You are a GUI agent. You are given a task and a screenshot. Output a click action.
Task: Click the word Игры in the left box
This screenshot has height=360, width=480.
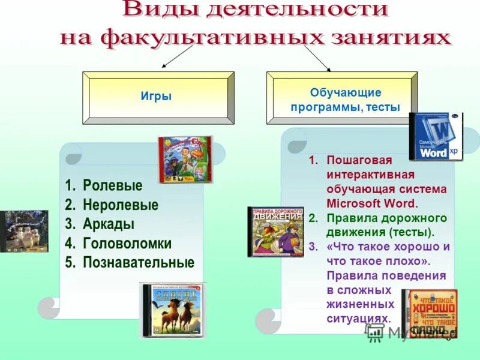[156, 96]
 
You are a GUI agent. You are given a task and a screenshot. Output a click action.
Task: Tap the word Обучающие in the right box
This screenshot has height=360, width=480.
[345, 92]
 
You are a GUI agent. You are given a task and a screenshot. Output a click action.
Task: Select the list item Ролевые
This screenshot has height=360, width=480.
[112, 185]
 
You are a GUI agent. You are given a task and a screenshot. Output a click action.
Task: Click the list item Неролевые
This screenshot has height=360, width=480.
[120, 205]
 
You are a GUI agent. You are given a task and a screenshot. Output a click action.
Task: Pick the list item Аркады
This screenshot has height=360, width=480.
[108, 224]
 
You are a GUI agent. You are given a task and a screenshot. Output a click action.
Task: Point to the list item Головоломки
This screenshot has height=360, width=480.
[127, 244]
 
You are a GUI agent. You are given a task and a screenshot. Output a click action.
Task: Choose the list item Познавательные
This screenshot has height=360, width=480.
[138, 263]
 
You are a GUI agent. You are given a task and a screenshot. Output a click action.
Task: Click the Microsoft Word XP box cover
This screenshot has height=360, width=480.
[436, 137]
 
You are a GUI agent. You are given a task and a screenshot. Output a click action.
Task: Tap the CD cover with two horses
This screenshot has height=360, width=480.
[172, 310]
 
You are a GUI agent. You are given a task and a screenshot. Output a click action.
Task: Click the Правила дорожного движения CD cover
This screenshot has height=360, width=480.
[276, 232]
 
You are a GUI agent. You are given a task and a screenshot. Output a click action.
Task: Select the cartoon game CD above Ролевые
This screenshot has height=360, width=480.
[185, 159]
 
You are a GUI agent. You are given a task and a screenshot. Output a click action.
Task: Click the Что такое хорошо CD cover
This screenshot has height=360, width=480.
[429, 313]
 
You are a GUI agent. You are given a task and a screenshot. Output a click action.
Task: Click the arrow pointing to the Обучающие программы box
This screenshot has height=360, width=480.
[318, 58]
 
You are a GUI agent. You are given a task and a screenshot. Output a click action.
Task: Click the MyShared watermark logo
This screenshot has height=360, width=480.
[408, 332]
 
